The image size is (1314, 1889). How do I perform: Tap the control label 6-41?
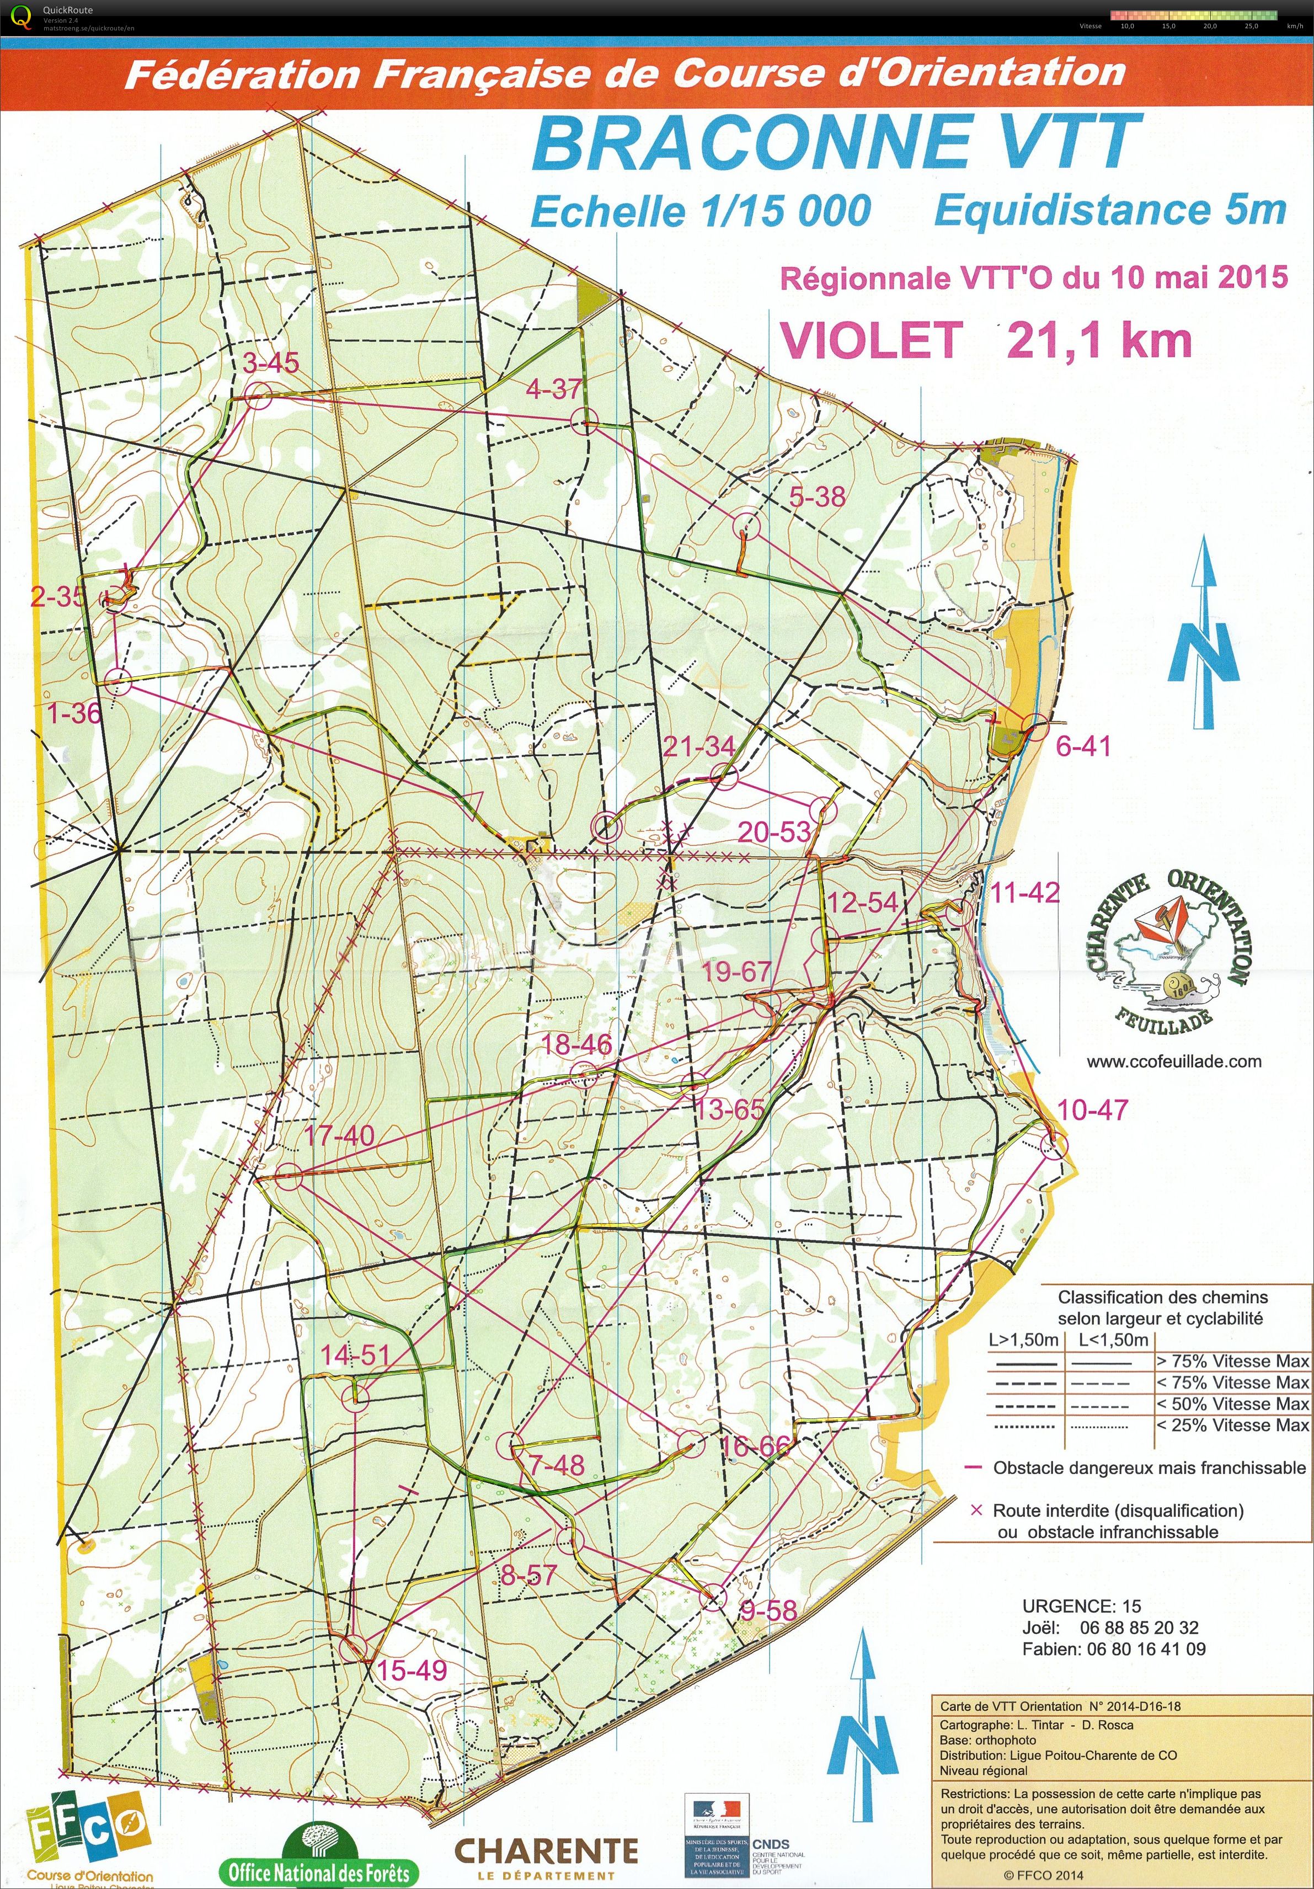[x=1083, y=746]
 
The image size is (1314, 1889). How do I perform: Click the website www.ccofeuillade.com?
[x=1173, y=1061]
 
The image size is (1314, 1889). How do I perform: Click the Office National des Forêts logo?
[x=318, y=1849]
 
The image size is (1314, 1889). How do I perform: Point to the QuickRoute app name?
[x=69, y=10]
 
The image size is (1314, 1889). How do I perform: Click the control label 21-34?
[x=698, y=746]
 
